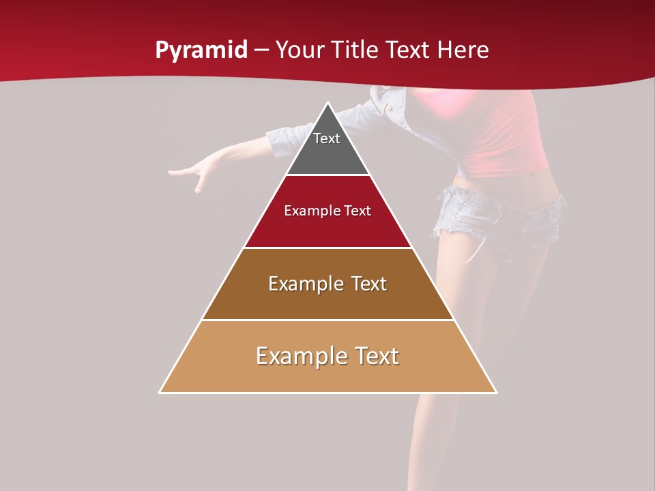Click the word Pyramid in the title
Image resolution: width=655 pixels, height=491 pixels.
(201, 50)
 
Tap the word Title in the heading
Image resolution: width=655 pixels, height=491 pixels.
(355, 50)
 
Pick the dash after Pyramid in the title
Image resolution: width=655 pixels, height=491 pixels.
(261, 50)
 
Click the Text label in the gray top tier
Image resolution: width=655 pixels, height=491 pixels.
(327, 138)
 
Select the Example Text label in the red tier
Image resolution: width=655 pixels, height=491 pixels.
(327, 211)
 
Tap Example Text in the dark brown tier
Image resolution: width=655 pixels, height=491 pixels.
(327, 284)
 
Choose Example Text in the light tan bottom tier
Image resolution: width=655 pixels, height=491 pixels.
(327, 356)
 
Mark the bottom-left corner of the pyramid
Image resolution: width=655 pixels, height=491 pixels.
(160, 392)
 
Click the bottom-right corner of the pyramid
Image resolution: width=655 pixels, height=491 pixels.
(496, 392)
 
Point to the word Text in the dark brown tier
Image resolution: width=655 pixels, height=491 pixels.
(369, 284)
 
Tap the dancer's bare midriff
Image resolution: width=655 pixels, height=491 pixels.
(505, 183)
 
